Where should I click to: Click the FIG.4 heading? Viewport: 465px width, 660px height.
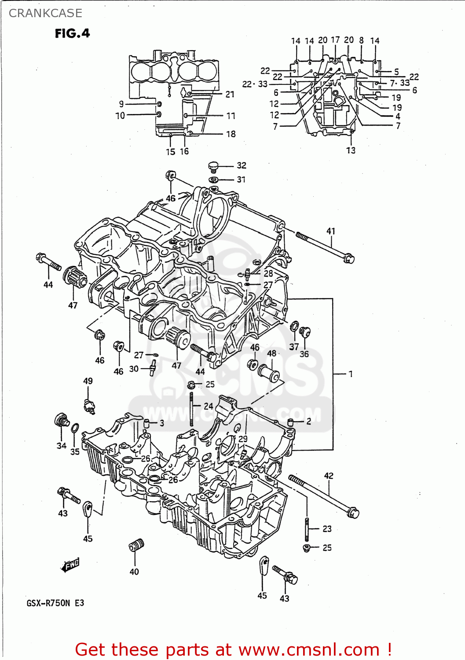[72, 33]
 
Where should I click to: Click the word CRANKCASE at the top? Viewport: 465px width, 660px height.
[45, 13]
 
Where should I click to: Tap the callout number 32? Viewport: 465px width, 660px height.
[242, 165]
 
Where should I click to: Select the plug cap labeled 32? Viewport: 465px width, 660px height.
[213, 166]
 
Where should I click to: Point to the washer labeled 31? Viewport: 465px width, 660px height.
[214, 180]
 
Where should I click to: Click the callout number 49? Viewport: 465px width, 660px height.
[88, 381]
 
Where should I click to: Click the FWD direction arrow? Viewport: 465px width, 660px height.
[70, 565]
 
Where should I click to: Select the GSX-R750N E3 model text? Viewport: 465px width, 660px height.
[55, 603]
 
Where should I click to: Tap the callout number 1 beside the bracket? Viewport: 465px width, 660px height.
[351, 374]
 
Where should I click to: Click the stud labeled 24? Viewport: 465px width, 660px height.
[192, 409]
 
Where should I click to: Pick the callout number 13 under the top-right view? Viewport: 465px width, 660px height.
[351, 150]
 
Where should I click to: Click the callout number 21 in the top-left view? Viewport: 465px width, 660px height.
[230, 94]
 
